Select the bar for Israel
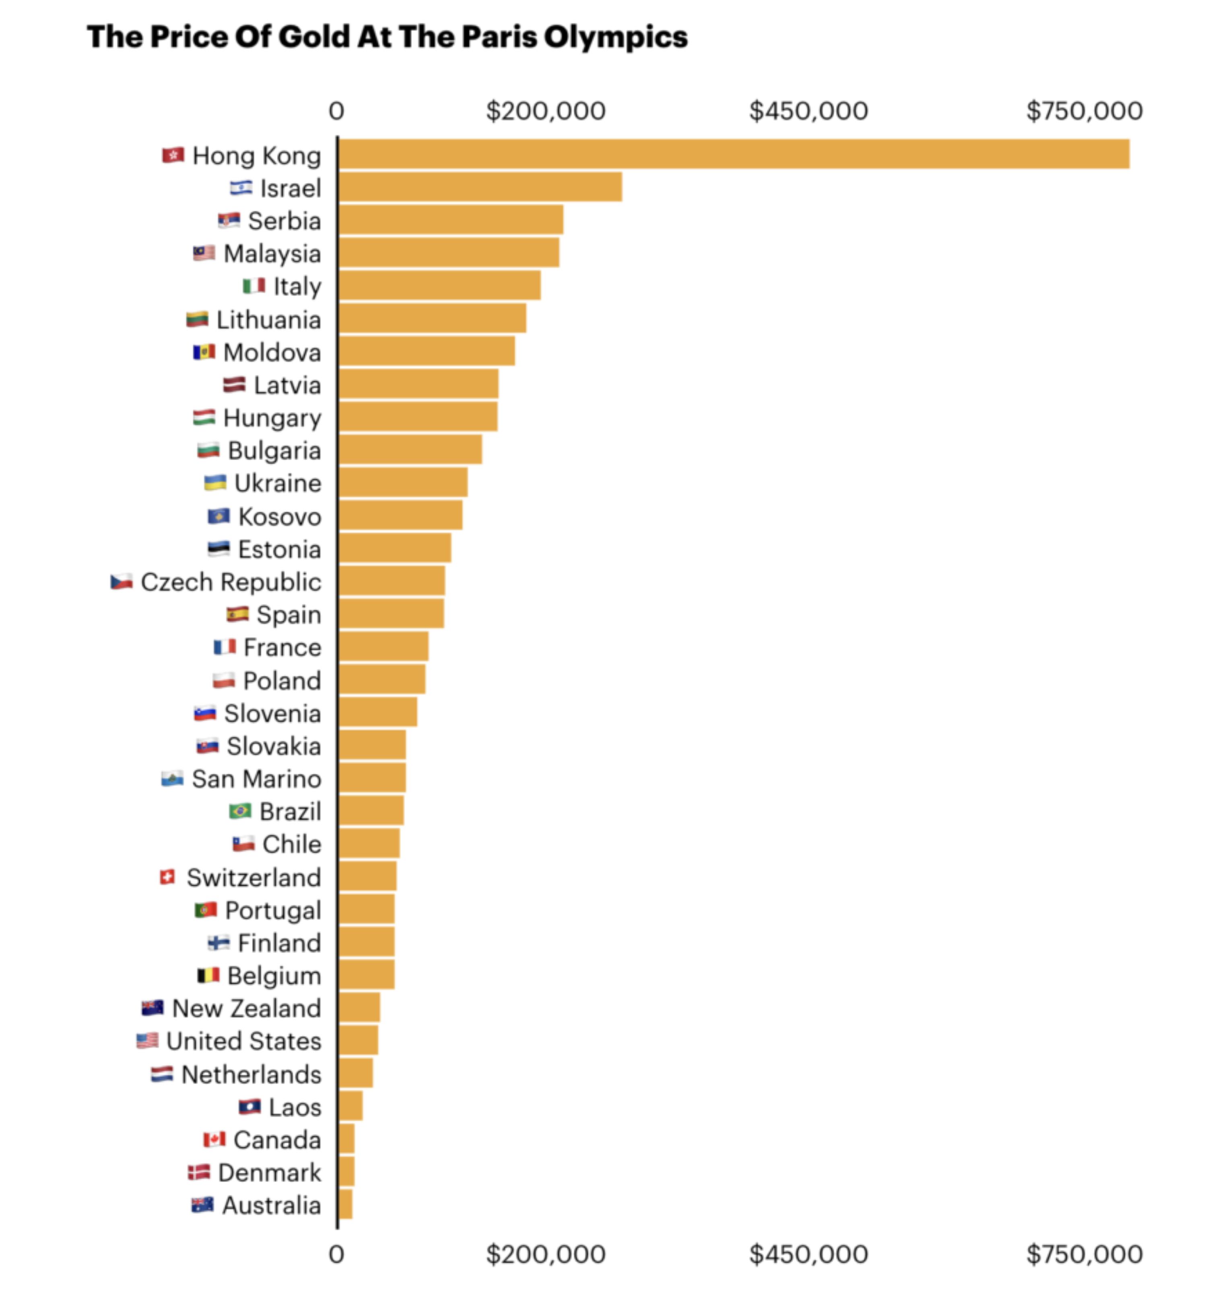pos(479,187)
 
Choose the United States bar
pos(357,1040)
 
